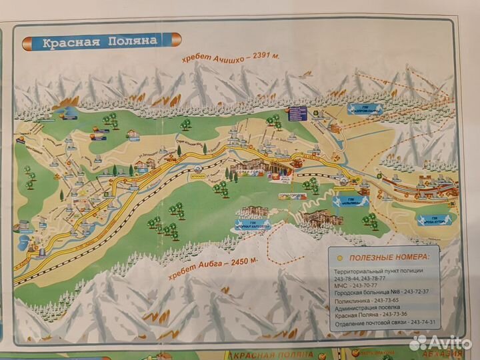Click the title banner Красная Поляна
point(100,41)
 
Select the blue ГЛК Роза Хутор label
point(434,217)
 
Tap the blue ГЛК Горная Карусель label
point(254,224)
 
